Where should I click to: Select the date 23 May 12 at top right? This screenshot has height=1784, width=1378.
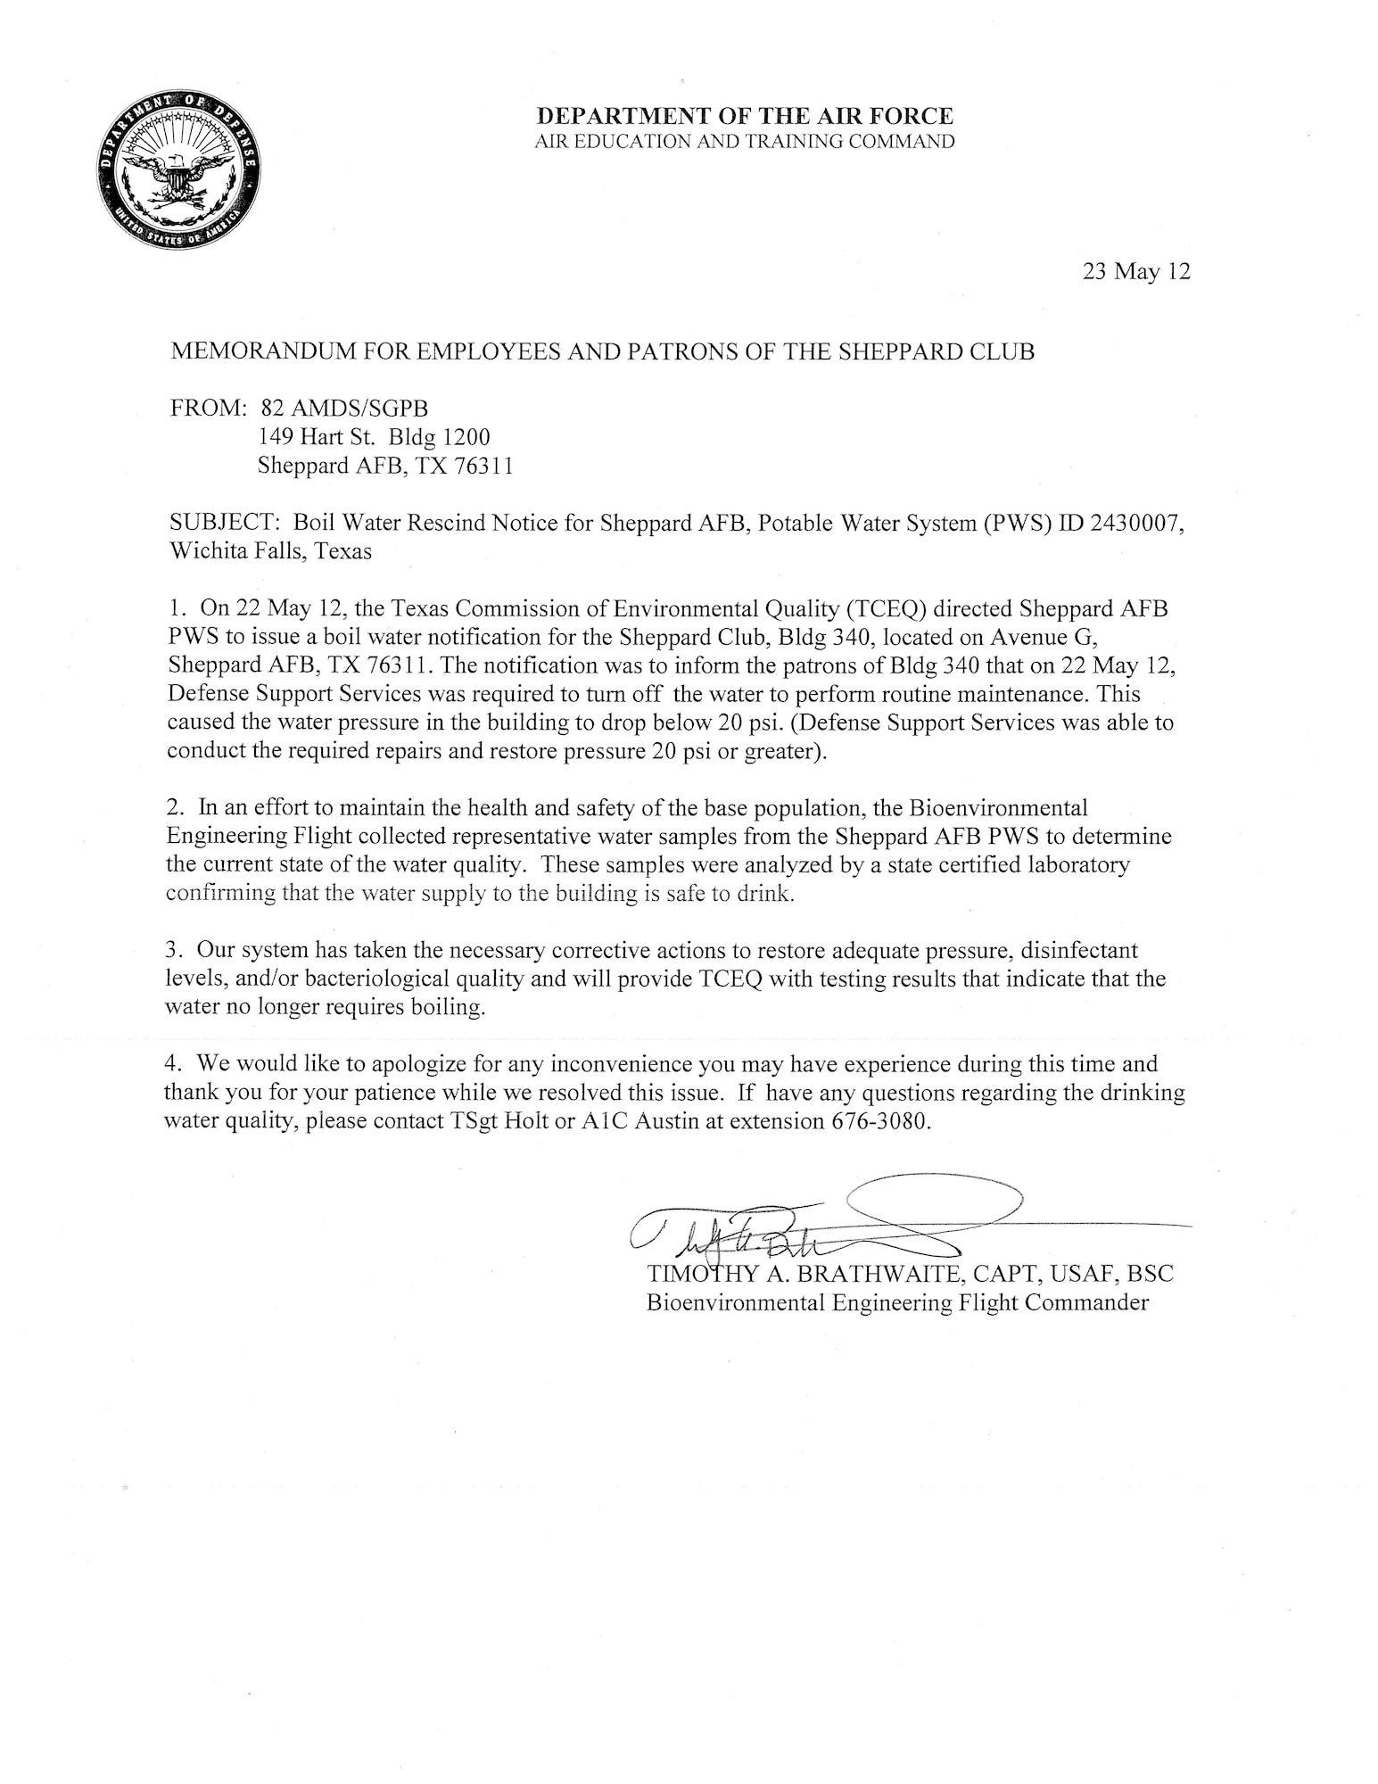pos(1136,272)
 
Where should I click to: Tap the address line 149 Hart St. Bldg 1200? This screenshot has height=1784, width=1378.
pos(374,437)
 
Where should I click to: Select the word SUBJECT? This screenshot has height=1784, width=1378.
pos(224,523)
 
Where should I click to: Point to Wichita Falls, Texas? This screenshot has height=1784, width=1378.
pos(269,551)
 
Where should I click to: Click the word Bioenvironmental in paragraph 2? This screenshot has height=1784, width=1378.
pos(998,808)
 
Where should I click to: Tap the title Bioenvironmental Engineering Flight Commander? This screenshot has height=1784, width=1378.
pos(896,1303)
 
